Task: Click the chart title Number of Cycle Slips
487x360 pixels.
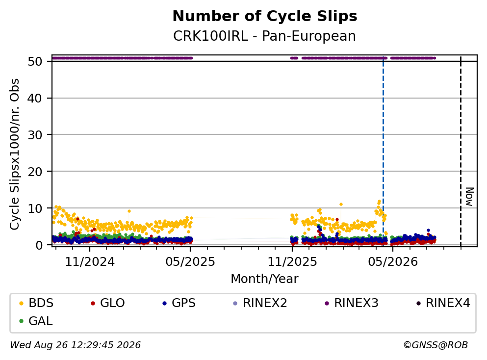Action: [265, 16]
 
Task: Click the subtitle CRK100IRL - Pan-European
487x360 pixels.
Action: [264, 36]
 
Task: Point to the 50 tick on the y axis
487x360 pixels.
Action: [35, 61]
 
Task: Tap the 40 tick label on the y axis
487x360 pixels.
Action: [35, 98]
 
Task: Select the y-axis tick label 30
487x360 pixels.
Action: [35, 135]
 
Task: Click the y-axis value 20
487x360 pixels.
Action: [35, 172]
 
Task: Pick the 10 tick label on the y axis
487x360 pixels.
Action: [35, 208]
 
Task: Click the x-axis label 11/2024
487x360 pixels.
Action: [90, 262]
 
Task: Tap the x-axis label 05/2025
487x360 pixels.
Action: [190, 262]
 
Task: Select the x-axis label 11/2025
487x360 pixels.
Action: [292, 262]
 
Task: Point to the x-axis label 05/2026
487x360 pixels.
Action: [393, 262]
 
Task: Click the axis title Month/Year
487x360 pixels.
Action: [264, 279]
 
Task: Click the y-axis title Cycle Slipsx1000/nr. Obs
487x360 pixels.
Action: [15, 154]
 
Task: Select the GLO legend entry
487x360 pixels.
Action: [107, 303]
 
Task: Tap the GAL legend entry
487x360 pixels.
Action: [36, 321]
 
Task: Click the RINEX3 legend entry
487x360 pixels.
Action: [351, 303]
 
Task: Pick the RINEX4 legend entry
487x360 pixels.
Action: [443, 303]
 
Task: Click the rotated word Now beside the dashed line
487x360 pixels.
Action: [470, 197]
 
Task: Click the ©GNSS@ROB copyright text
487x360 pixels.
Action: [436, 345]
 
